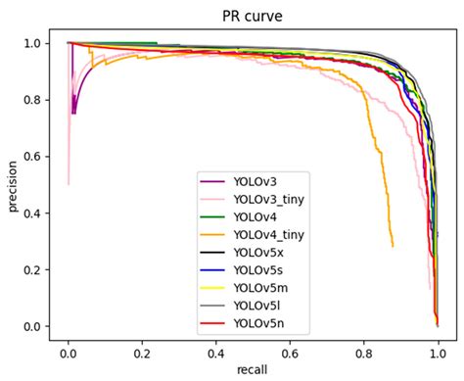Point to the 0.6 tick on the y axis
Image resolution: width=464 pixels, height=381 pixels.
tap(34, 157)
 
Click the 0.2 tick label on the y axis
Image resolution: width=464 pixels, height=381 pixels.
tap(34, 269)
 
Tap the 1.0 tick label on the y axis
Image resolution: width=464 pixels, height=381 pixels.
tap(34, 43)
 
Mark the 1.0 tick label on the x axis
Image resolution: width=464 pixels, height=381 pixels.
tap(437, 350)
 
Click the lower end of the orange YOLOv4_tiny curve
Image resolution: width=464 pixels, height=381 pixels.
tap(393, 245)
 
